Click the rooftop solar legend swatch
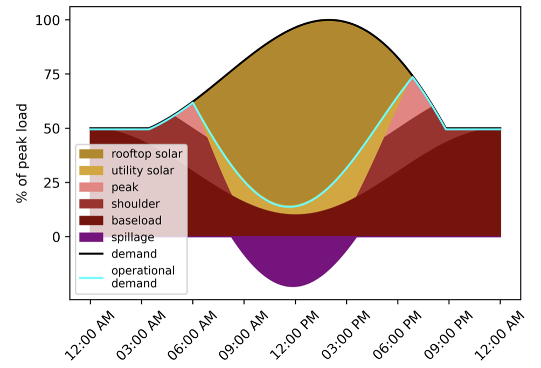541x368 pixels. click(91, 154)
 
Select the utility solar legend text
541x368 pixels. click(143, 171)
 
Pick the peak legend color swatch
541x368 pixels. click(91, 187)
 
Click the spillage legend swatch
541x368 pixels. click(91, 237)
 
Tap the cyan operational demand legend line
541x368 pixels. click(91, 277)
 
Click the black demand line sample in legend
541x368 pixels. click(91, 254)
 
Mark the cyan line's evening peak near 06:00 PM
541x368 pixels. click(412, 78)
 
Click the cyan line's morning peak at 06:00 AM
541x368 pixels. click(193, 103)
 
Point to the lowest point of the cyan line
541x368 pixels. click(290, 207)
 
